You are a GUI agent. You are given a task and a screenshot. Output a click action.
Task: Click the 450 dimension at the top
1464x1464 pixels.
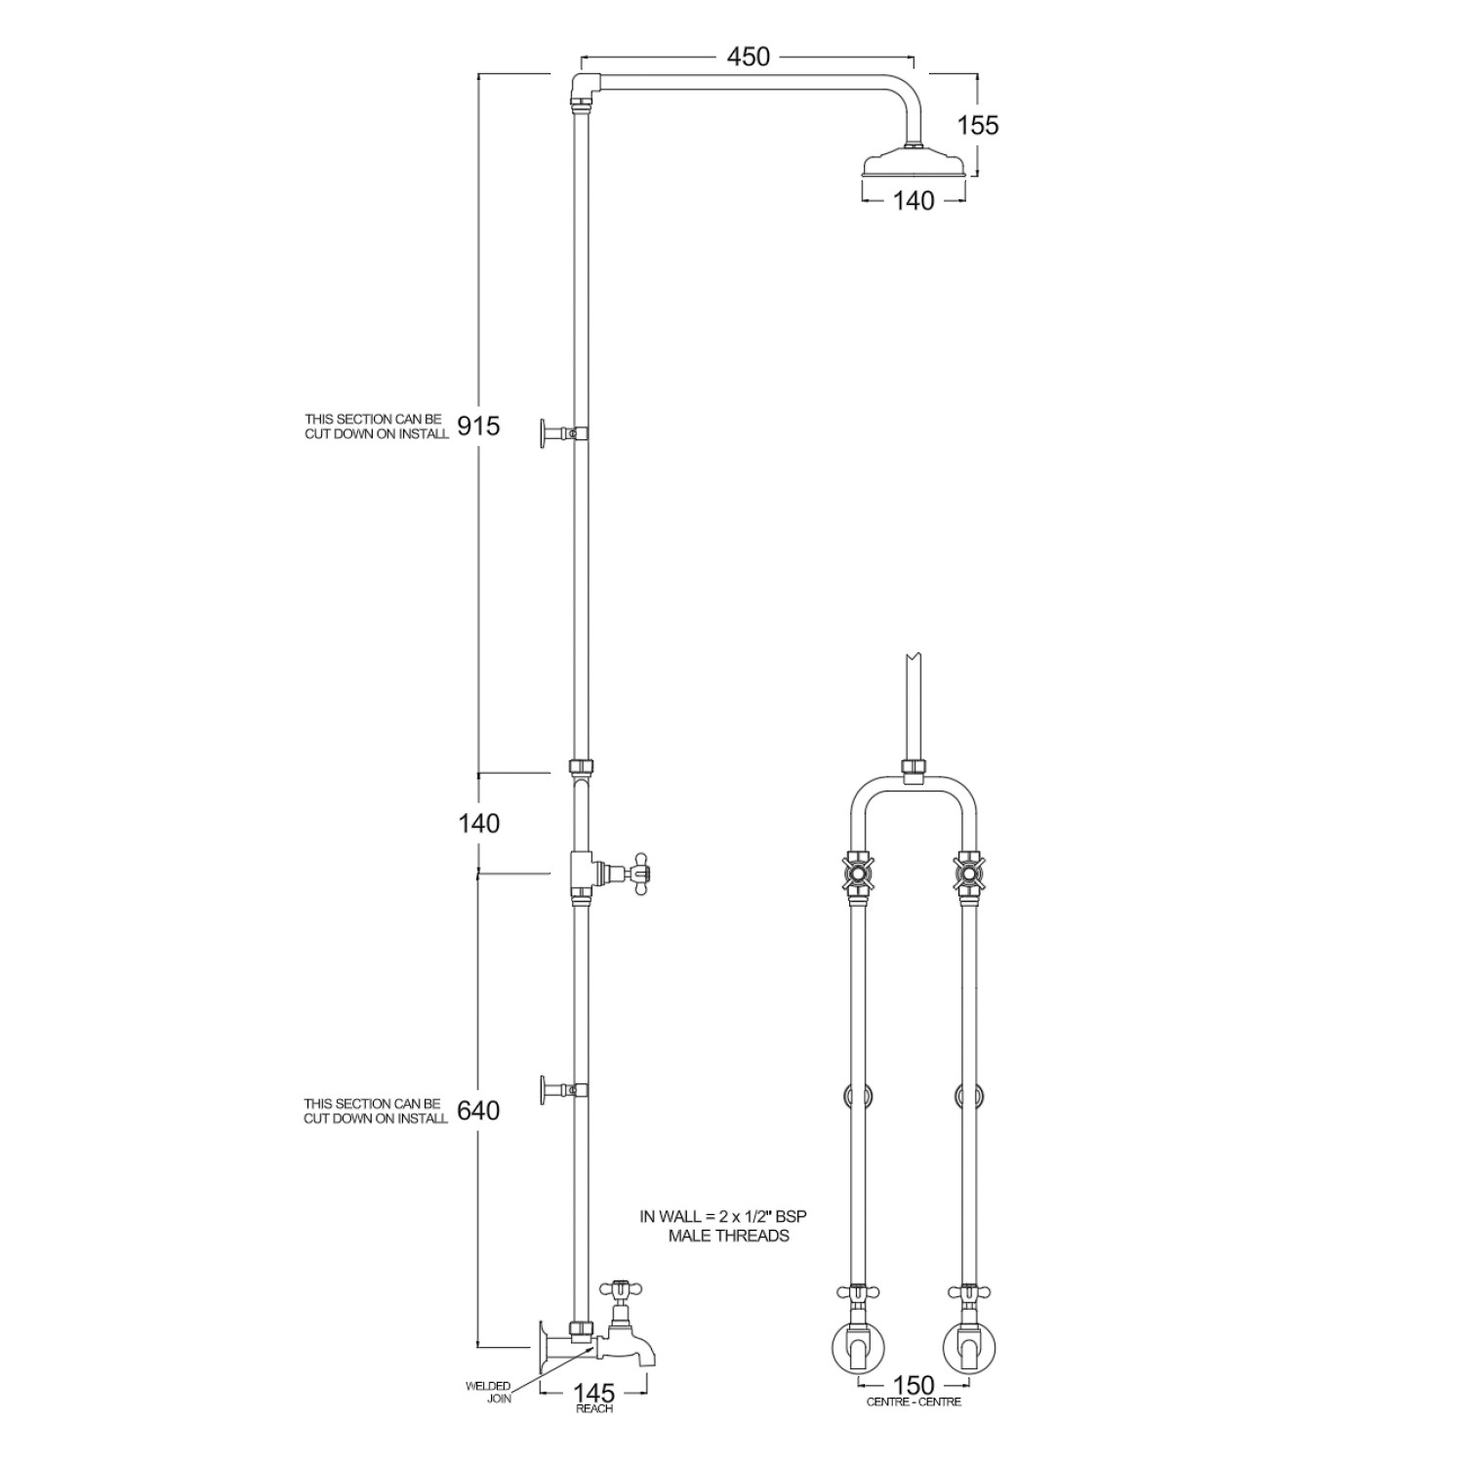point(749,57)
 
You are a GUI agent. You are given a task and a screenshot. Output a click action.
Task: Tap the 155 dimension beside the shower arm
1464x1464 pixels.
point(977,126)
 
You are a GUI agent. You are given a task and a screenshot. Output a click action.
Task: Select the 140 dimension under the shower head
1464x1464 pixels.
point(914,201)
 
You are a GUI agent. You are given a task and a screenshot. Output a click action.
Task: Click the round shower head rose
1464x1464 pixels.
point(914,163)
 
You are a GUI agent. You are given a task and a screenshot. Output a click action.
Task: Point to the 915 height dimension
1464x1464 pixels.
point(478,427)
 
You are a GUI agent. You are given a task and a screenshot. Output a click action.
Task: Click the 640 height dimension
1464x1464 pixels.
point(478,1111)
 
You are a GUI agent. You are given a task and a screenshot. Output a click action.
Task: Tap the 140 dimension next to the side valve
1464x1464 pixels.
point(478,824)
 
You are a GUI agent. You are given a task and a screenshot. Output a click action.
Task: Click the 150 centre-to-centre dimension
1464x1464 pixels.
point(914,1385)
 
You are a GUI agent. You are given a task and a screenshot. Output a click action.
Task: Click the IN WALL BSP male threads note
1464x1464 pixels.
point(723,1226)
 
